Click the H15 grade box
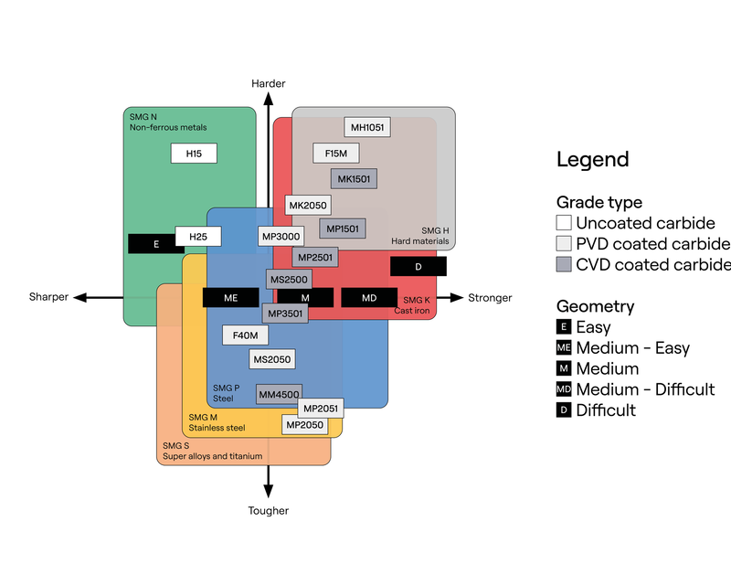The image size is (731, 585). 194,154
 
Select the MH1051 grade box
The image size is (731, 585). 367,128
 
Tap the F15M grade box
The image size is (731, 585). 336,154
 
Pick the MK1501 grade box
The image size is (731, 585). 354,179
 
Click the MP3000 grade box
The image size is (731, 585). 281,237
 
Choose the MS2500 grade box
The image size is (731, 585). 289,278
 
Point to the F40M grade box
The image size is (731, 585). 245,335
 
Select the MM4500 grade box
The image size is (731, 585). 279,395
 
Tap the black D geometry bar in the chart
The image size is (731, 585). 418,266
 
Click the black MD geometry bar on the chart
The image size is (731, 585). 369,298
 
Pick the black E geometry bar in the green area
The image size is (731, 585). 156,244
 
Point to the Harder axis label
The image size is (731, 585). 269,84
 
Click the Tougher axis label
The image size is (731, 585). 269,511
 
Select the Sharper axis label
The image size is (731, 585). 48,298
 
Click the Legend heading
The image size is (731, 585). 592,159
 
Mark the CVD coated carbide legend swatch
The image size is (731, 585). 565,264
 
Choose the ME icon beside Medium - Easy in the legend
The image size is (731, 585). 565,347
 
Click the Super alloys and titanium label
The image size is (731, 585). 212,456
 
